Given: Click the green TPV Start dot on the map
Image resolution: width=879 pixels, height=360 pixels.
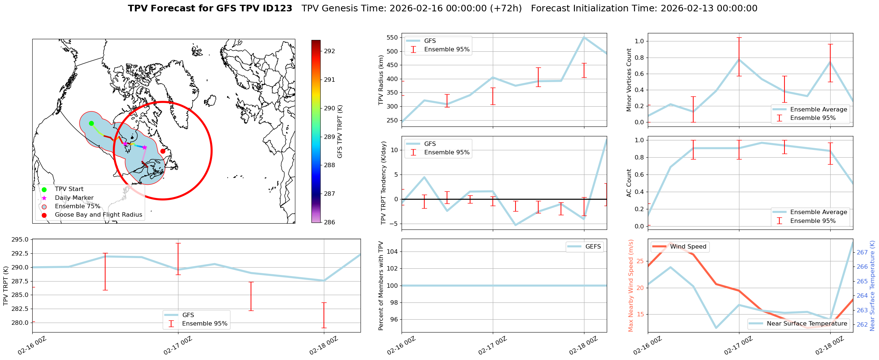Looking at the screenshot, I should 91,123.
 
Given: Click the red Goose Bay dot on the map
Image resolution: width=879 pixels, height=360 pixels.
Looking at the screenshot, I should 163,151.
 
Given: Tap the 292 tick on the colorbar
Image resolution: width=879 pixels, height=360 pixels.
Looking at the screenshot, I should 329,51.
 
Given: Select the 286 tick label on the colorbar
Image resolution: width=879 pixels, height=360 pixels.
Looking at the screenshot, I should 329,222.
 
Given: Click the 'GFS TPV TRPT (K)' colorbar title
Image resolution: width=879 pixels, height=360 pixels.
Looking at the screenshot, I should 340,132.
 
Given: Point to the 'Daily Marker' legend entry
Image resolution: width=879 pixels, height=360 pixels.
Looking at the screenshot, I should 74,198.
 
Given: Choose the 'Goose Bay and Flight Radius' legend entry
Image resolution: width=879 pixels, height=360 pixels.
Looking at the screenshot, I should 98,215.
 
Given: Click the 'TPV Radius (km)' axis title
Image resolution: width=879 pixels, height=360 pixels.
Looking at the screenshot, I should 381,80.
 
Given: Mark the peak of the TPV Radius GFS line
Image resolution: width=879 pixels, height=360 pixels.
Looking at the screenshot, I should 584,37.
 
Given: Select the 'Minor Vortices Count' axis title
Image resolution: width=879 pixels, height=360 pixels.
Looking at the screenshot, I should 629,80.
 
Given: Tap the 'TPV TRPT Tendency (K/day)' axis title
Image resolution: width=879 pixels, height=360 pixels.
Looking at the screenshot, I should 383,183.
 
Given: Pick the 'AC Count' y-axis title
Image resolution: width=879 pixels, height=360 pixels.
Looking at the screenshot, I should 629,183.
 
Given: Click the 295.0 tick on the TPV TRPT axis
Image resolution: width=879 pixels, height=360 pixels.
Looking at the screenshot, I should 20,240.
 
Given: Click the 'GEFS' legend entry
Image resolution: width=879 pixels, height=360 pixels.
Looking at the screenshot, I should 593,247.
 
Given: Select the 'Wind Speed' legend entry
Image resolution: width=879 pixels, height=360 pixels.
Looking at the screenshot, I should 688,247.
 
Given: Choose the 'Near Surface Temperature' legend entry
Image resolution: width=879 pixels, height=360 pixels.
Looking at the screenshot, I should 807,324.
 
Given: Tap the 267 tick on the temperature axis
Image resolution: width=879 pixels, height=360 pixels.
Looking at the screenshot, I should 862,252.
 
